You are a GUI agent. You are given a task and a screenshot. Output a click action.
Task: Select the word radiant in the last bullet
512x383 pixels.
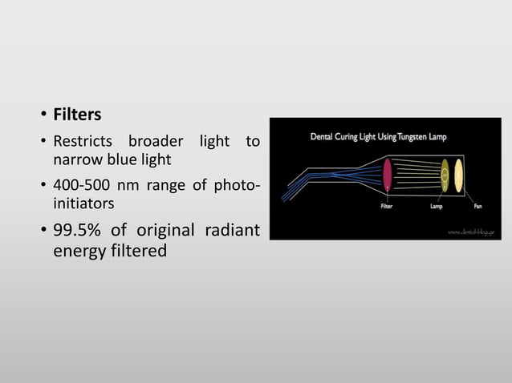pos(231,232)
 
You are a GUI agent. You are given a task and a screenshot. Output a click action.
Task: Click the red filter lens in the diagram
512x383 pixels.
pos(387,175)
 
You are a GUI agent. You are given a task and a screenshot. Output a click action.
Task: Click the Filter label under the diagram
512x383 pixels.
pos(386,205)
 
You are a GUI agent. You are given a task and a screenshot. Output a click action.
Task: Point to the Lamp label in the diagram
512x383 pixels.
pos(437,205)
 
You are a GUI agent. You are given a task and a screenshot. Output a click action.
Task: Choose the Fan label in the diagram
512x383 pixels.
pos(477,205)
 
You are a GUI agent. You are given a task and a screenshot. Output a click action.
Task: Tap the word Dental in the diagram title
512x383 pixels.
pos(324,137)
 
